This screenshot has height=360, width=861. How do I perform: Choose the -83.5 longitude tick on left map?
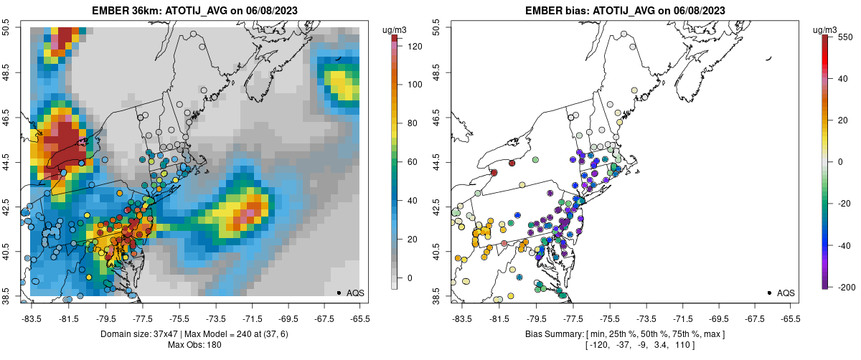click(31, 318)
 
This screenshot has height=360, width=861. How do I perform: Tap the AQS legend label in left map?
click(355, 293)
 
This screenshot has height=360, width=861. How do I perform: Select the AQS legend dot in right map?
click(769, 293)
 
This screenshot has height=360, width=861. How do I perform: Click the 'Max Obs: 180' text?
click(194, 346)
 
